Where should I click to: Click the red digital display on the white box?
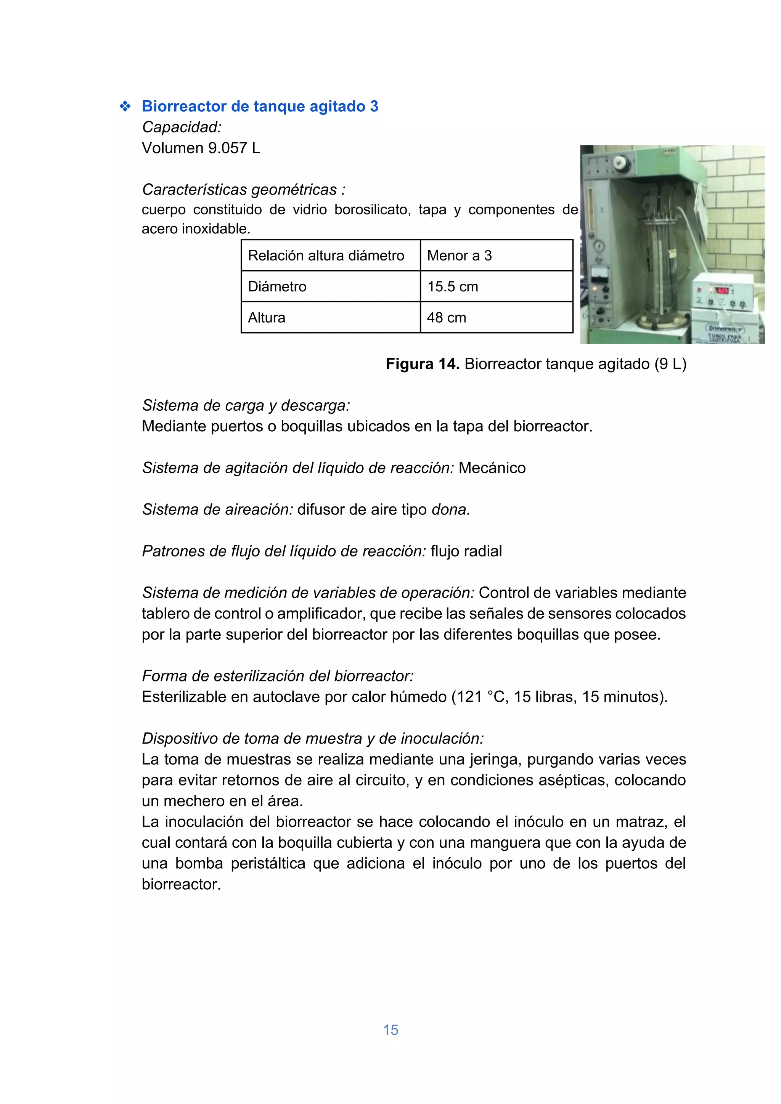point(722,291)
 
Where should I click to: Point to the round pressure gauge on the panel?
point(599,246)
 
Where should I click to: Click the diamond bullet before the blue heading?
point(125,106)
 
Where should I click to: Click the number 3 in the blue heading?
point(374,106)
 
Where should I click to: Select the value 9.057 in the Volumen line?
point(227,148)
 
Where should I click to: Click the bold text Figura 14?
point(422,364)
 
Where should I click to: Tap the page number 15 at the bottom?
point(390,1030)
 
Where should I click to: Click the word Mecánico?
point(492,468)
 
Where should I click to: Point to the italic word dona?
point(450,510)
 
